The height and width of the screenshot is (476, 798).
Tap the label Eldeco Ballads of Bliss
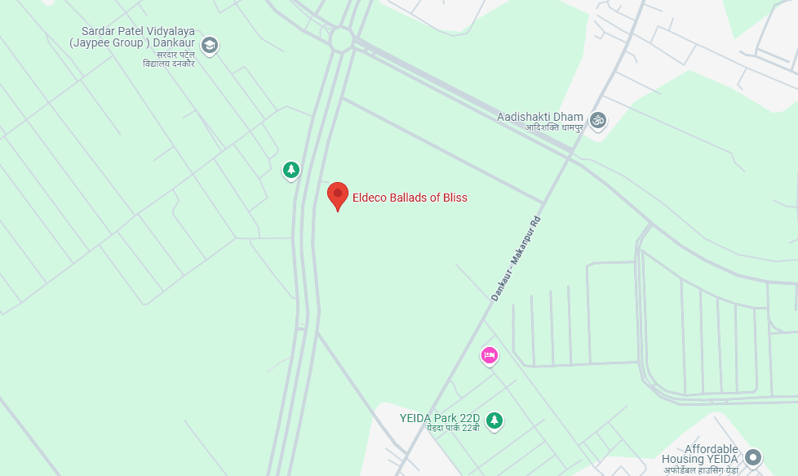click(x=410, y=198)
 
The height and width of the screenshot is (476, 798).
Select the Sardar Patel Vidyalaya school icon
click(x=210, y=46)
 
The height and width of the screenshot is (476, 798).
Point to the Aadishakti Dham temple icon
click(x=598, y=120)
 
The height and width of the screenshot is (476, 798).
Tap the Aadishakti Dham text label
click(x=540, y=117)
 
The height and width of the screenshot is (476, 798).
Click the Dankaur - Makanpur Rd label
click(x=516, y=258)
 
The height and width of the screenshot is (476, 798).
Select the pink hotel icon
click(x=489, y=355)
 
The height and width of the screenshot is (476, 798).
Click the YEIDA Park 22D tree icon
click(x=494, y=420)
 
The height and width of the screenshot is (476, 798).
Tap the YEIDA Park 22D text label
click(x=440, y=418)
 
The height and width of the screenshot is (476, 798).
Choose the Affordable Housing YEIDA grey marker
click(x=753, y=457)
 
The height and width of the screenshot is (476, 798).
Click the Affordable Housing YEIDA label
click(x=712, y=455)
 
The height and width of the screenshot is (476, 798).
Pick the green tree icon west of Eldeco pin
click(x=290, y=170)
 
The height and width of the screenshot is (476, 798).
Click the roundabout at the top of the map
click(x=341, y=38)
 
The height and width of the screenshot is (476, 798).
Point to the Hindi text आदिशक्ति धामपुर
click(x=542, y=128)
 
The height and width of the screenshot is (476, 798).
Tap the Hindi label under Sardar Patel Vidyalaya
click(x=169, y=59)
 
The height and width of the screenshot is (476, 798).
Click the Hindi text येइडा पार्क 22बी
click(x=452, y=428)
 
